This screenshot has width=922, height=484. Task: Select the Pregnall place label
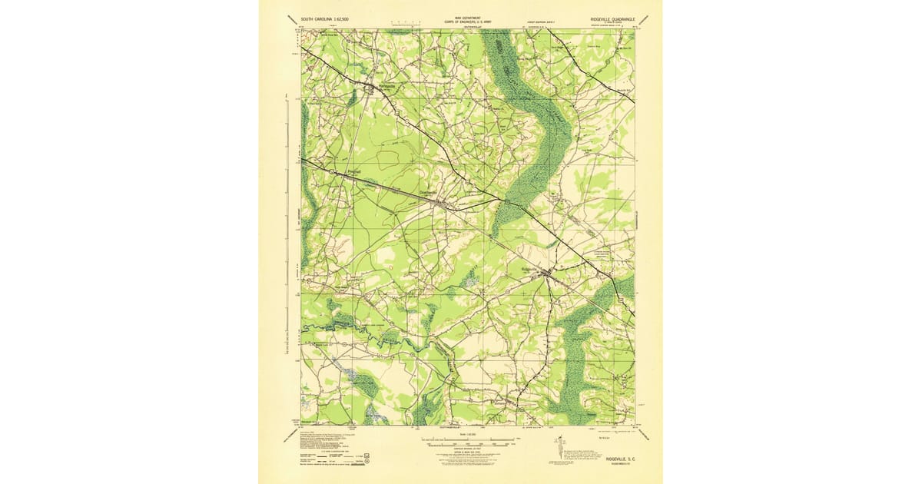click(354, 171)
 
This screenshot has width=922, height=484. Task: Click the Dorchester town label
click(429, 192)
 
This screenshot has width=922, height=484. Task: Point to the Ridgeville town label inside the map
click(532, 269)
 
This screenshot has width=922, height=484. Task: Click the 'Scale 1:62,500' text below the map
click(467, 434)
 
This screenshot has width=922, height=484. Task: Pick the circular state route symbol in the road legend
click(367, 462)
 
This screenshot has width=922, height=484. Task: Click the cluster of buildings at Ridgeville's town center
click(549, 273)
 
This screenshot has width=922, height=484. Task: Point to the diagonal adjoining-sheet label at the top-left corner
click(288, 22)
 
